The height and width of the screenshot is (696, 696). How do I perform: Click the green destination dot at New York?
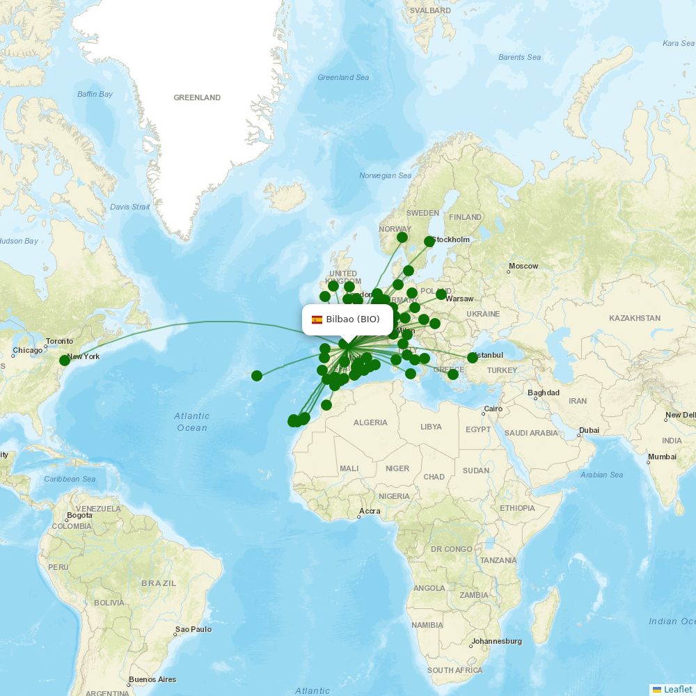click(x=65, y=360)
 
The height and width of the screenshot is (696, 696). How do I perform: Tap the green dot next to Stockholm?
click(x=429, y=242)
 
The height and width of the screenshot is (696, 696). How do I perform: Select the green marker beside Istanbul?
click(x=473, y=358)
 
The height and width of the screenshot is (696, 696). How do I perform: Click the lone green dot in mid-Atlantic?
click(x=257, y=376)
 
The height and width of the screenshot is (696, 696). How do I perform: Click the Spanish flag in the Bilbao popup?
click(x=317, y=320)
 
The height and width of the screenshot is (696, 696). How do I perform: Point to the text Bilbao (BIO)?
click(x=353, y=319)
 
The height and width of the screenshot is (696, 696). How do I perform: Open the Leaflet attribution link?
click(x=677, y=689)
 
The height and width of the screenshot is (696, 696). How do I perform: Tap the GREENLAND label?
click(x=197, y=97)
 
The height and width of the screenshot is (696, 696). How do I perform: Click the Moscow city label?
click(x=523, y=266)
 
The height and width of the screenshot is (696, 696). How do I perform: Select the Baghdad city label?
click(x=543, y=393)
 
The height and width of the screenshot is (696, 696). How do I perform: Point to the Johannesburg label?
click(x=497, y=641)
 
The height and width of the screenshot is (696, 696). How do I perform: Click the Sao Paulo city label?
click(x=193, y=629)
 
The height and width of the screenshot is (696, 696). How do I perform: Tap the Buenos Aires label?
click(x=152, y=679)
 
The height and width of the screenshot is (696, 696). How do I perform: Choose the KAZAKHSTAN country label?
click(x=634, y=318)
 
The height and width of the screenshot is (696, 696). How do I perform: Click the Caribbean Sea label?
click(x=70, y=479)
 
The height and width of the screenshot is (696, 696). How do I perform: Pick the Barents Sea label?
click(x=519, y=57)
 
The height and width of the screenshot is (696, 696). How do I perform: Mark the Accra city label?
click(x=370, y=512)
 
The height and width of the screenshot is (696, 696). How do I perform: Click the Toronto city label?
click(x=59, y=342)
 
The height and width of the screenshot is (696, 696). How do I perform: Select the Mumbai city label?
click(x=662, y=457)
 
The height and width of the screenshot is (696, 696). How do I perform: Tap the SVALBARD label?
click(x=430, y=10)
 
